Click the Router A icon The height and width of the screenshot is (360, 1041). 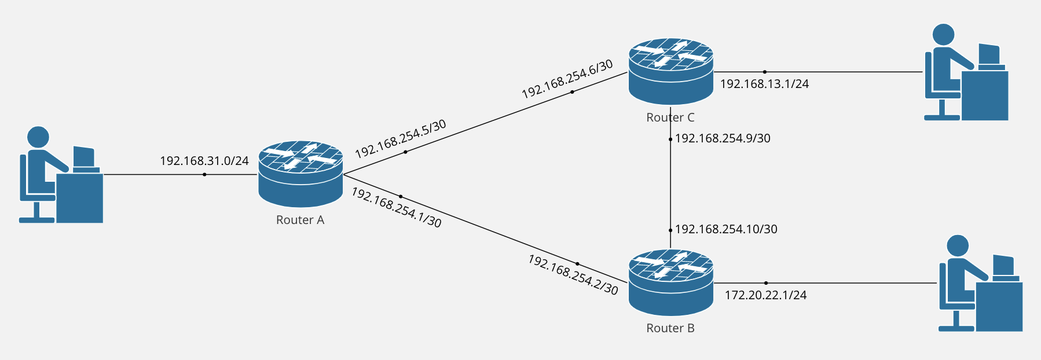coord(300,174)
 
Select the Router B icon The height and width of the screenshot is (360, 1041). coord(670,282)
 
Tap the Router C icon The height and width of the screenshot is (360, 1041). coord(670,72)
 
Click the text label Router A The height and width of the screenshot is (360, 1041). coord(300,220)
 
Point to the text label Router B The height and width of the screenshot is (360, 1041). coord(670,328)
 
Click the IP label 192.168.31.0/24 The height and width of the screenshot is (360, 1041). coord(204,161)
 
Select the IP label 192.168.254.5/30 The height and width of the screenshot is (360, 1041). coord(400,139)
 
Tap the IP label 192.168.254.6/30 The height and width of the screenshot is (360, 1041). coord(567,79)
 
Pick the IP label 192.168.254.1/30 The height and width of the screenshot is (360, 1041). coord(397,208)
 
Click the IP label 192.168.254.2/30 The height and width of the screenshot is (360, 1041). coord(573,274)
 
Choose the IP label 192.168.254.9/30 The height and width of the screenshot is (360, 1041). coord(723,138)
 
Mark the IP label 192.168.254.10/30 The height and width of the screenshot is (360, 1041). coord(726,229)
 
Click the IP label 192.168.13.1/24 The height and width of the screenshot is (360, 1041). coord(764,84)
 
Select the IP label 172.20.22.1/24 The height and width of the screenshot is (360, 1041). coord(765,295)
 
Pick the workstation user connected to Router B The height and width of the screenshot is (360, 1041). coord(980,283)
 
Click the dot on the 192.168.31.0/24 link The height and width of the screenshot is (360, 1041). coord(204,174)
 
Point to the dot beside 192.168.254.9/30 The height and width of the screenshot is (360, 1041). coord(670,139)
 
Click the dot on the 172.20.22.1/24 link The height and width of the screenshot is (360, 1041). coord(766,283)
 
